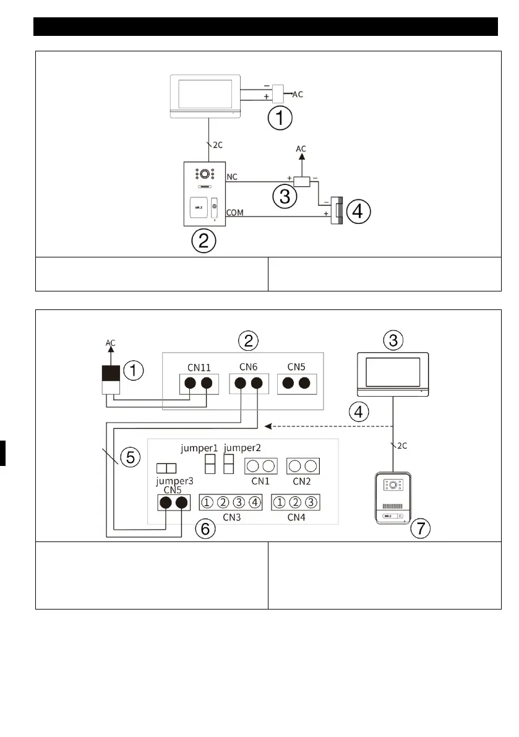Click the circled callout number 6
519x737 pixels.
(205, 528)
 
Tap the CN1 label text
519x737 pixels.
(259, 480)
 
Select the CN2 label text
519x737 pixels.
(302, 480)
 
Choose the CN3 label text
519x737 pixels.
(231, 517)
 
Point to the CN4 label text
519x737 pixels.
(296, 517)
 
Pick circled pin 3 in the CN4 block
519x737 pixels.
(313, 502)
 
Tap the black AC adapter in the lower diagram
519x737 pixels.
(110, 374)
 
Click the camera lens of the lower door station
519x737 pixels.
(392, 486)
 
